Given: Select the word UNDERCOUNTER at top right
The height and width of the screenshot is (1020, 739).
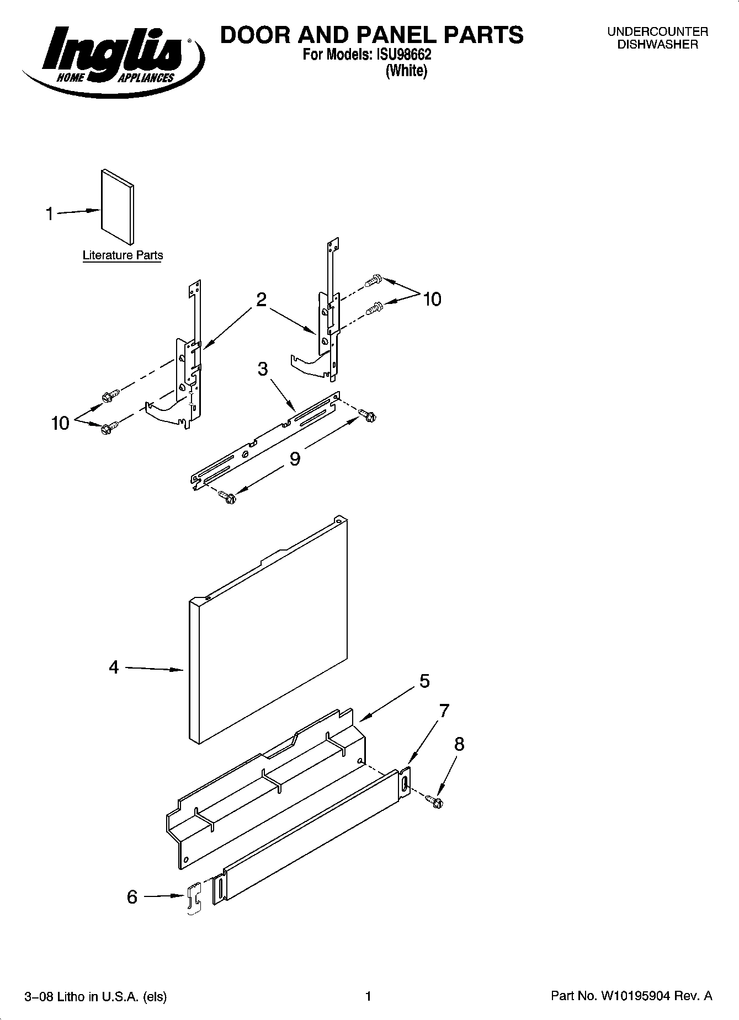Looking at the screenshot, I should (x=657, y=32).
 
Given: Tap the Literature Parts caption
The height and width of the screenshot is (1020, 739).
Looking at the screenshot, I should (x=123, y=255).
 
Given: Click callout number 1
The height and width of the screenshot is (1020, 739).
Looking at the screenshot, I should (x=50, y=213).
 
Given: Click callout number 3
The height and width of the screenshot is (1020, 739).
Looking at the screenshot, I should (x=263, y=369).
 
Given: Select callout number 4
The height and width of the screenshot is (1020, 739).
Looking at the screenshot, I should (x=114, y=667).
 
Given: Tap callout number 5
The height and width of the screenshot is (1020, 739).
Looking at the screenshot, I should (x=424, y=681).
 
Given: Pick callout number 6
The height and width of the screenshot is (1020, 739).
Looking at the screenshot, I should (x=132, y=897).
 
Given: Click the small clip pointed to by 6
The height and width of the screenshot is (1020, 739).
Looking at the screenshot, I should (x=193, y=900).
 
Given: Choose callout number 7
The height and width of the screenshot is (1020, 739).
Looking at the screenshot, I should (x=444, y=711).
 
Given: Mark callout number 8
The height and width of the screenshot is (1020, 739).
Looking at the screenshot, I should (x=459, y=745).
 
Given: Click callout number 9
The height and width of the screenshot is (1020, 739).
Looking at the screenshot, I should (x=295, y=458).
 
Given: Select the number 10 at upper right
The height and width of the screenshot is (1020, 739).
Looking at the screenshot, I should (x=432, y=300).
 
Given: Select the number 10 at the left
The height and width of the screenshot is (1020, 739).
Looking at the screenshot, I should (x=60, y=424).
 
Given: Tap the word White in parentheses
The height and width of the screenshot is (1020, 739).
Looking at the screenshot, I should (x=406, y=71).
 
